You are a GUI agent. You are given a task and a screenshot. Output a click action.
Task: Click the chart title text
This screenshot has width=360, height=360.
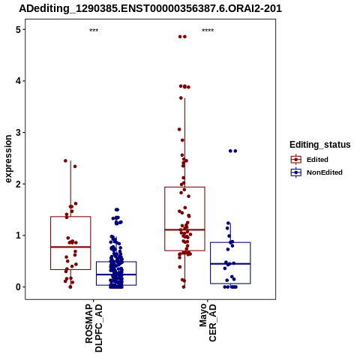click(151, 8)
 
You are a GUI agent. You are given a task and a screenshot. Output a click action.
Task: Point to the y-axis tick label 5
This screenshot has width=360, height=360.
click(18, 30)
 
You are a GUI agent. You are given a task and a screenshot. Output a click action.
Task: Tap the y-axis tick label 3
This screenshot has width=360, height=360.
click(18, 133)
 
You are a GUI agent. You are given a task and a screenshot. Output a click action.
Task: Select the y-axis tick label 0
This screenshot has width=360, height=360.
click(18, 287)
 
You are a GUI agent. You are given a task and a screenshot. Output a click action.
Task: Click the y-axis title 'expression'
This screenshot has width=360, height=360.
click(8, 159)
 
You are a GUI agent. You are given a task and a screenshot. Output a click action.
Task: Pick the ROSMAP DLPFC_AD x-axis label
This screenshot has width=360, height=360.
click(94, 328)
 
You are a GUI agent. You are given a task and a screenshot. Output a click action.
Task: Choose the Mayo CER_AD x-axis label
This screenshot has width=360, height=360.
click(208, 322)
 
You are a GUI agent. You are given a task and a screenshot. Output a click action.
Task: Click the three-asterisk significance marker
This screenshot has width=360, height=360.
click(94, 30)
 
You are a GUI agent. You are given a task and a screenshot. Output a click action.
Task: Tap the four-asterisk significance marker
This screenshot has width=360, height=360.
click(208, 30)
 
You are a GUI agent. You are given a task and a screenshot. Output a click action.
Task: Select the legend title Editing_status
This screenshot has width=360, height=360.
click(320, 145)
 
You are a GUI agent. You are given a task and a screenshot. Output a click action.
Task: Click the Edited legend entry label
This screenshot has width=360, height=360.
click(317, 160)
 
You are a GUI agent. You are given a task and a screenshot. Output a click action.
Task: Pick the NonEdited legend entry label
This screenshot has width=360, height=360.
click(325, 172)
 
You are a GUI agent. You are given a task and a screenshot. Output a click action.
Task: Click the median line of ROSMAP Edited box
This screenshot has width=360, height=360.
click(70, 247)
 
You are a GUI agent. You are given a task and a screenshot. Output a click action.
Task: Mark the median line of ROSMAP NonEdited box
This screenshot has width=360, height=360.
click(116, 274)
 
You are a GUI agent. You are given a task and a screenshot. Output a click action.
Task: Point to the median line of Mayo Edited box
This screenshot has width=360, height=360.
click(184, 229)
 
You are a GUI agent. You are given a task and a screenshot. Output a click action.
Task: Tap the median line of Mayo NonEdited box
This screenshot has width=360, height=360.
click(230, 264)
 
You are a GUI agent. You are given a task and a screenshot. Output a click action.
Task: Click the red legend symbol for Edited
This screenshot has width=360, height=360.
click(296, 160)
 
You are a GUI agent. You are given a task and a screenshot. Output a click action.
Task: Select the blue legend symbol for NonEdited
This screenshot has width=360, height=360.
click(296, 172)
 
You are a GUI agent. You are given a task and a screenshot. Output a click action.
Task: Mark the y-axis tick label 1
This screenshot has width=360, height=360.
click(18, 235)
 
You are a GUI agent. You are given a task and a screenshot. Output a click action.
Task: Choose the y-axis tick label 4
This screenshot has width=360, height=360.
click(18, 81)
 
